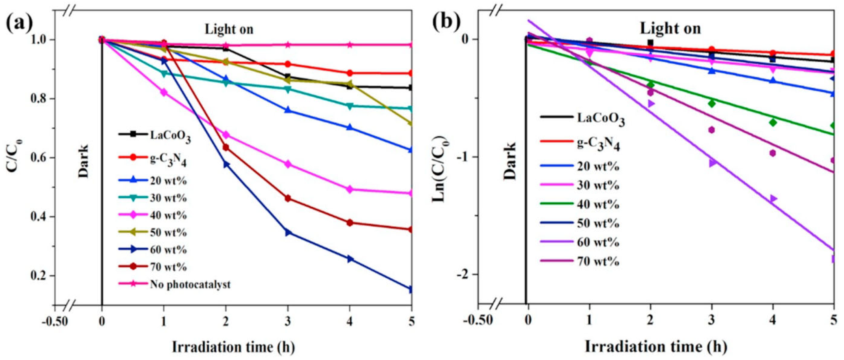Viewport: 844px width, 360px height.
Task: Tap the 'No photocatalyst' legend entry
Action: pyautogui.click(x=190, y=284)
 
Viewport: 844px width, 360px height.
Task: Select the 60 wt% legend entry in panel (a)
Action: pyautogui.click(x=168, y=250)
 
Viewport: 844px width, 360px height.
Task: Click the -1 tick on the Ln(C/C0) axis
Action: pyautogui.click(x=464, y=157)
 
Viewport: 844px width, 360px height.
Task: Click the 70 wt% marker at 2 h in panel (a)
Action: pyautogui.click(x=226, y=147)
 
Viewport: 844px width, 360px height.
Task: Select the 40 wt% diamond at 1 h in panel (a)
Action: pyautogui.click(x=164, y=92)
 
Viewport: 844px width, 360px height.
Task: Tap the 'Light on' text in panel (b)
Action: pyautogui.click(x=670, y=29)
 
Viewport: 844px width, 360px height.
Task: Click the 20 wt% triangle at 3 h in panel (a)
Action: pyautogui.click(x=288, y=110)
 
